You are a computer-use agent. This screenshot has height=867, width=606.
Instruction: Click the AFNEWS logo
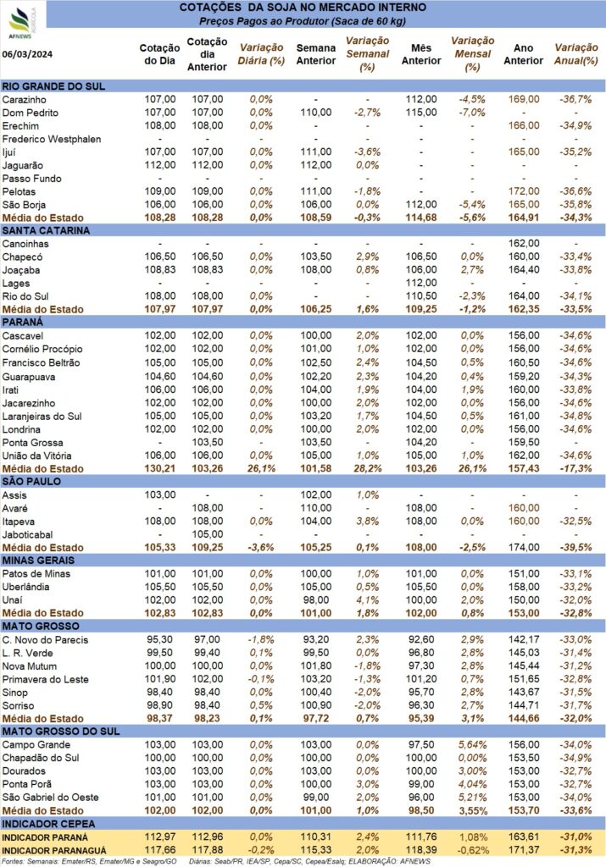tap(21, 22)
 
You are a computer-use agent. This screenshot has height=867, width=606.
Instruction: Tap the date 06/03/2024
tap(27, 53)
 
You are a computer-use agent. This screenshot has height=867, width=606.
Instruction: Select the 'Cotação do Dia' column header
tap(159, 54)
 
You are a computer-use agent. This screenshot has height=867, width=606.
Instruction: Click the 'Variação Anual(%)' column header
tap(576, 54)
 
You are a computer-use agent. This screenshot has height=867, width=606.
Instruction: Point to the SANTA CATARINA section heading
tap(46, 230)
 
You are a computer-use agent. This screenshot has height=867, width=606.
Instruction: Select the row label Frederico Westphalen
tap(52, 140)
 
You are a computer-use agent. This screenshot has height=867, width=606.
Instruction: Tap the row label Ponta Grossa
tap(33, 443)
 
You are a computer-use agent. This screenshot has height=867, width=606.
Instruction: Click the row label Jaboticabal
tap(28, 535)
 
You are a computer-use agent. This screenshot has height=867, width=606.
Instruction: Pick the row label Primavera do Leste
tap(46, 680)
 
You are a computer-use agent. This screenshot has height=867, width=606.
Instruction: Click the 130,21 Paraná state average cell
tap(160, 469)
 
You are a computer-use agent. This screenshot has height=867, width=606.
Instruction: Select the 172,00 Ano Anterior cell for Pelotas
tap(524, 191)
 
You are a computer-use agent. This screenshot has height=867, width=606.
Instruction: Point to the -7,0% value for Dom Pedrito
tap(472, 113)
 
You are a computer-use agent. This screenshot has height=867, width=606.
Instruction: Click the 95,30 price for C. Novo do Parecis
tap(159, 640)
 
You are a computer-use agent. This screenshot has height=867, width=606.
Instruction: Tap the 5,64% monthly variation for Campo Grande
tap(473, 745)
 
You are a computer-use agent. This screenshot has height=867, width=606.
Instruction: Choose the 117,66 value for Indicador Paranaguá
tap(160, 850)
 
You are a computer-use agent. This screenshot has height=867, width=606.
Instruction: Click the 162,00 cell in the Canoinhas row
tap(524, 243)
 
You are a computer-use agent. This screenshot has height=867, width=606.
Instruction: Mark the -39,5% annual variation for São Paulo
tap(575, 548)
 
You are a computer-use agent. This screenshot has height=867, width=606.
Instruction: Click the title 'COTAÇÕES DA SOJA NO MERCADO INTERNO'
tap(303, 8)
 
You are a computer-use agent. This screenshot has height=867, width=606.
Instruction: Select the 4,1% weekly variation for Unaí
tap(368, 600)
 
